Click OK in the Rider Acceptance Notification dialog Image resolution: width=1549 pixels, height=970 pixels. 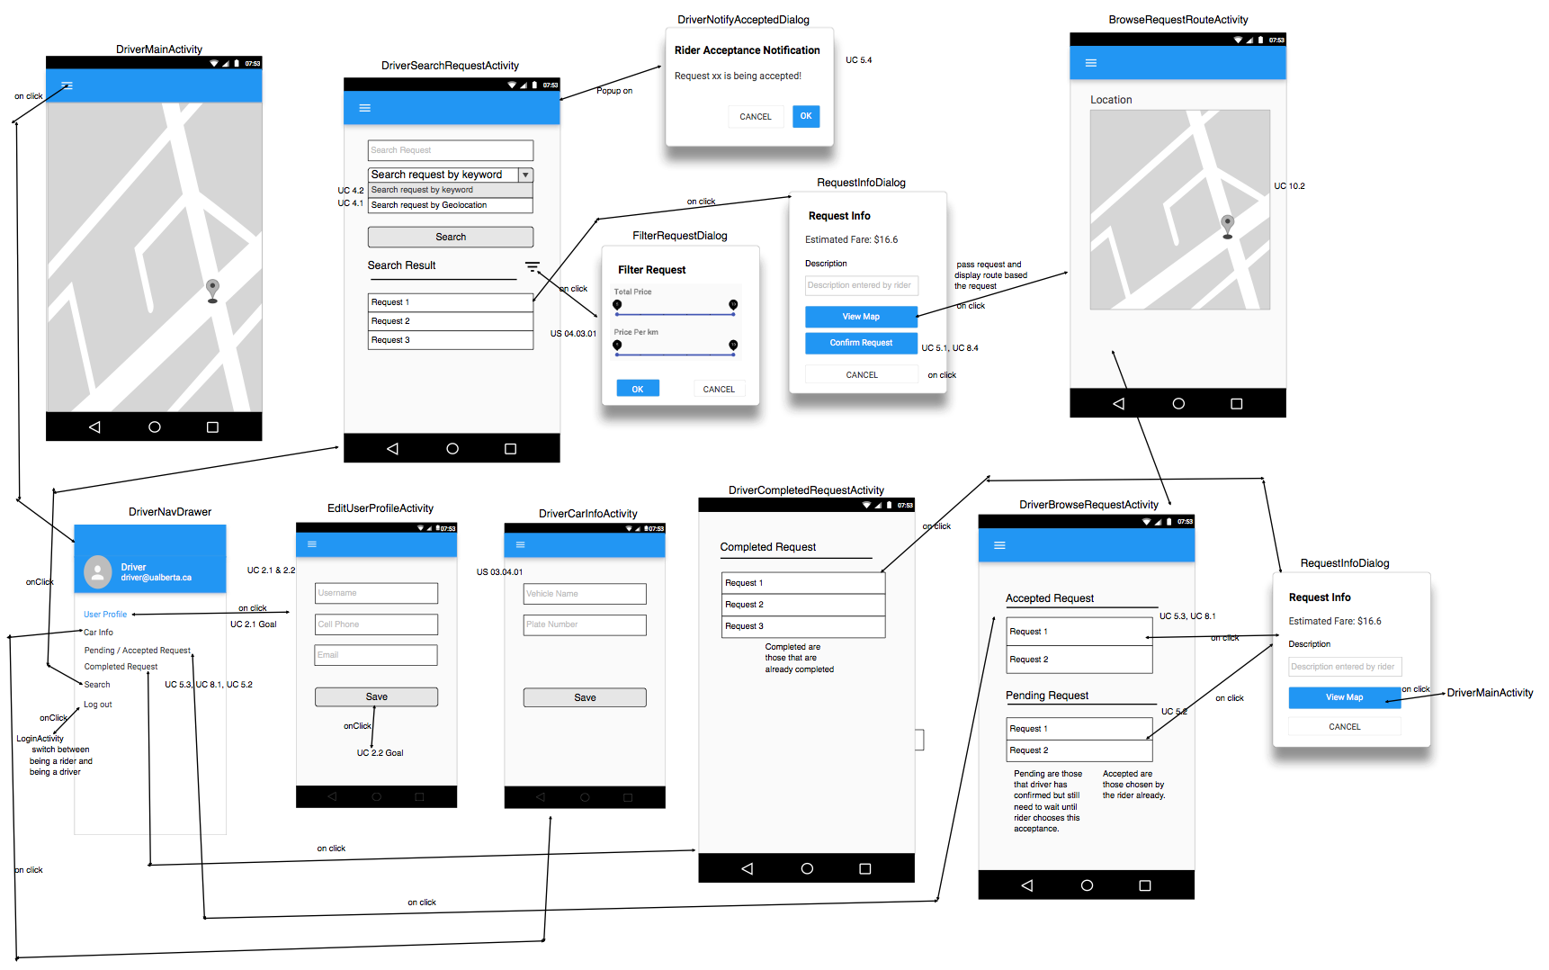(x=805, y=116)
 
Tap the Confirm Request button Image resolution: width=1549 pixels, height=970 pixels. (x=861, y=343)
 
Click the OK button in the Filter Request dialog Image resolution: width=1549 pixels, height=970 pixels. (x=637, y=389)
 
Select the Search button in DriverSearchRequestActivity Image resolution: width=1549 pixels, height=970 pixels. (x=450, y=237)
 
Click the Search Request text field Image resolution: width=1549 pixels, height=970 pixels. (x=450, y=150)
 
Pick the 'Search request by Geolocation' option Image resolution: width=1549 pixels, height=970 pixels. (x=450, y=205)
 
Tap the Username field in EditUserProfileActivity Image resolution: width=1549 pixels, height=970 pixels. (x=376, y=593)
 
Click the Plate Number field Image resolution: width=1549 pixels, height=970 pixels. (x=585, y=624)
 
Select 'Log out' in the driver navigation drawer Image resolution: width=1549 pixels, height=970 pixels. (x=98, y=705)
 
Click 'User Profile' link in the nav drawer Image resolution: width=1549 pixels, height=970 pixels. (x=105, y=615)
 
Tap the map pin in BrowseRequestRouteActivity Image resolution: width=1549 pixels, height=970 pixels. (x=1227, y=225)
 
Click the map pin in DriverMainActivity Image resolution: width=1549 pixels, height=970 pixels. (x=212, y=290)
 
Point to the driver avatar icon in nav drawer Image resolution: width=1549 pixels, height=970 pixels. (x=97, y=571)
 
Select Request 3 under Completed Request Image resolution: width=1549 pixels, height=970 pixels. (x=802, y=626)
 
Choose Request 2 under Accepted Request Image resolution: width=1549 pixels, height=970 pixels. (x=1079, y=660)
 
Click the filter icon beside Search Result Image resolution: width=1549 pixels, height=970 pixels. (x=533, y=266)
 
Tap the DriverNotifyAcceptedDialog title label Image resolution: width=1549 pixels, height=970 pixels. (x=743, y=20)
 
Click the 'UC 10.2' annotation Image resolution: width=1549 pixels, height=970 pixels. (x=1289, y=186)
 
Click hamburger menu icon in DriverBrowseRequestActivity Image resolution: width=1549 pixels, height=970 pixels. (x=999, y=545)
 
